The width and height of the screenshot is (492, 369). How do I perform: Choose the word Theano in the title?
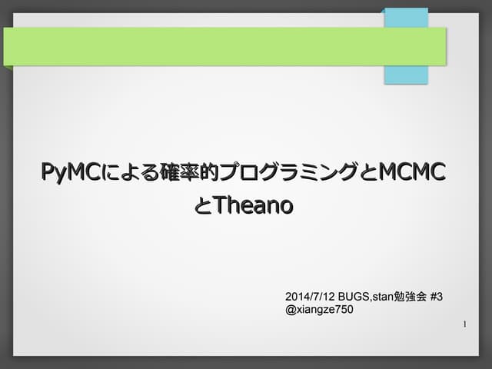[x=253, y=205]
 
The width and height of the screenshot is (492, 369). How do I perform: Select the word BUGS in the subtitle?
[x=354, y=297]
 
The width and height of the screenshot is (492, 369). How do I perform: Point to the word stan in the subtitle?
[x=383, y=297]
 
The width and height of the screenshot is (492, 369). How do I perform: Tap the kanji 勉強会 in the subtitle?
[x=411, y=297]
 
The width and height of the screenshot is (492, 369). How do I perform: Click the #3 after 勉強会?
[x=437, y=297]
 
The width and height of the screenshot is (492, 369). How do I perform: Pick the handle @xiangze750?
[x=319, y=310]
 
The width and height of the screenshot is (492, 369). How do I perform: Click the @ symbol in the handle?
[x=290, y=310]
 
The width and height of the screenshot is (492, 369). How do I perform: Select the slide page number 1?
[x=465, y=325]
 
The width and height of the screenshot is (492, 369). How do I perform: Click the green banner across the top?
[x=223, y=46]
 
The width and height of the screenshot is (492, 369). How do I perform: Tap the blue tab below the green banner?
[x=406, y=75]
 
